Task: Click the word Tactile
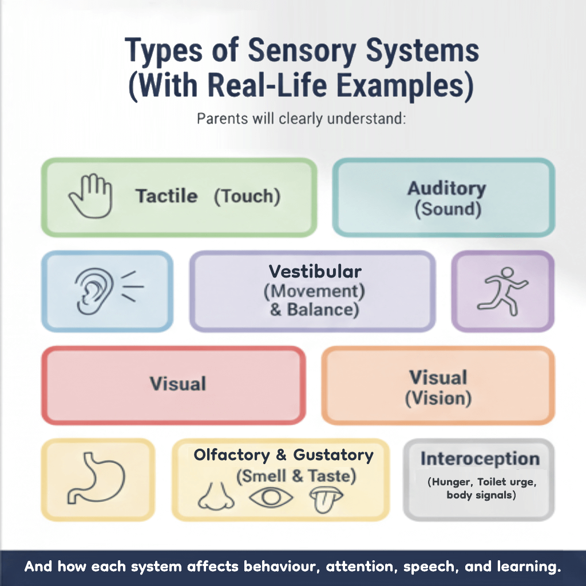point(167,196)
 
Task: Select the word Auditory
point(447,188)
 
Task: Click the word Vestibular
point(315,271)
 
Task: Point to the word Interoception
point(480,458)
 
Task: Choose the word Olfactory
point(231,455)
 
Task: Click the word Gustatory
point(333,455)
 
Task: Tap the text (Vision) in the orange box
point(438,399)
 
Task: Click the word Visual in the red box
point(177,383)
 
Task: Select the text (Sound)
point(448,209)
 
